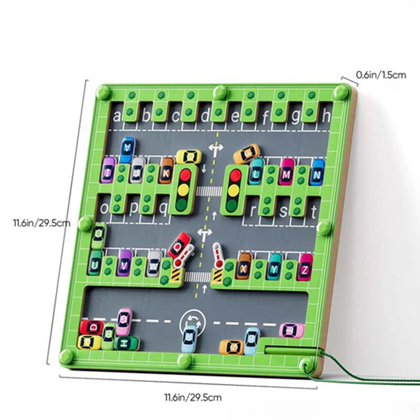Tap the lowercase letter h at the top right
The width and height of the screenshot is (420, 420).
tap(327, 114)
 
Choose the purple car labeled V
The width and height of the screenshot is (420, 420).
tap(125, 262)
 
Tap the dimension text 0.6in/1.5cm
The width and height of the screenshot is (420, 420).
tap(381, 75)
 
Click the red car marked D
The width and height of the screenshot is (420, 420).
tap(92, 328)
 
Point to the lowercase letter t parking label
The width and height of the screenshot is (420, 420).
tap(314, 212)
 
